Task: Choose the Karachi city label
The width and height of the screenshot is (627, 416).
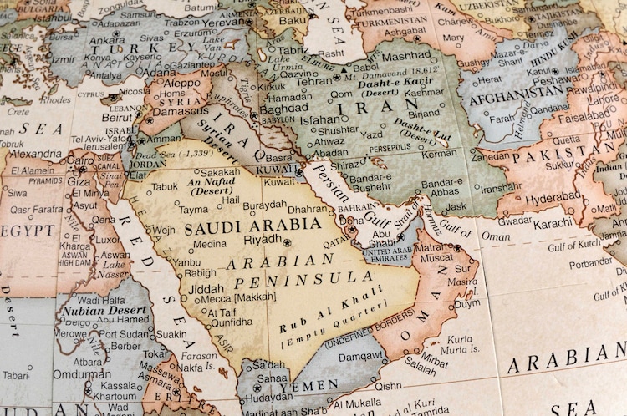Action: [553, 224]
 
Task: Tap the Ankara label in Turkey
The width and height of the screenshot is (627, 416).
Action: [107, 39]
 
